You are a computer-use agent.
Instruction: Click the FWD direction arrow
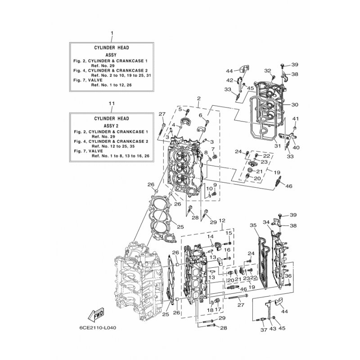coord(96,314)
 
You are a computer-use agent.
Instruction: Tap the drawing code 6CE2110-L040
coord(98,328)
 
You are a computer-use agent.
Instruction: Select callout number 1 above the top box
coord(112,33)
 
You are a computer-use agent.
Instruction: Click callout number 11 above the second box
coord(112,103)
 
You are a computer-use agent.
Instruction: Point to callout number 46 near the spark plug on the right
coord(289,186)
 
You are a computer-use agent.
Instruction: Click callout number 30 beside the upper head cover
coord(295,105)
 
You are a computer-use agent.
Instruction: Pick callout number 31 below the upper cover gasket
coord(278,146)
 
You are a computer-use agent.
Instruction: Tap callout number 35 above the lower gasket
coord(253,225)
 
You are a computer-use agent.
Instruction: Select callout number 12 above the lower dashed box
coord(222,220)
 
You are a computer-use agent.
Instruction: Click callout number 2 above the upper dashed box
coord(199,99)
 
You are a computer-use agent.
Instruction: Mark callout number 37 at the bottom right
coord(264,330)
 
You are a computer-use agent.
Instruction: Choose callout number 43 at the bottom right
coord(273,328)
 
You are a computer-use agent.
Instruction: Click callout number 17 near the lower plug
coord(218,310)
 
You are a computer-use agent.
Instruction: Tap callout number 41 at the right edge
coord(296,119)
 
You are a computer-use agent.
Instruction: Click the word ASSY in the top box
coord(111,55)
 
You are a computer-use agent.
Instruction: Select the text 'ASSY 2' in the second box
coord(111,126)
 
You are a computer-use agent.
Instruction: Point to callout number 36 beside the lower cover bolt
coord(288,276)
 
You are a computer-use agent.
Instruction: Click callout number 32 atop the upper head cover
coord(268,71)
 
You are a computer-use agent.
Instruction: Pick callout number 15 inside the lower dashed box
coord(229,233)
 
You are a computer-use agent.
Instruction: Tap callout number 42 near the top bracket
coord(230,80)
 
